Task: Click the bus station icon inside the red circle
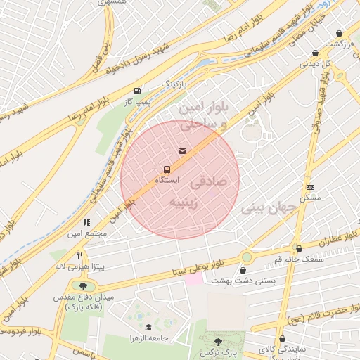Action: click(167, 169)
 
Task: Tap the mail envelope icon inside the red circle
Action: click(183, 150)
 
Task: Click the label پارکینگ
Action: click(176, 84)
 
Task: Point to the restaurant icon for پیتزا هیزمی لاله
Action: click(80, 257)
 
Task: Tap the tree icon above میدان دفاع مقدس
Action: click(84, 287)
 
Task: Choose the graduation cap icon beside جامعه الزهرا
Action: click(148, 328)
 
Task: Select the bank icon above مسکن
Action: click(310, 187)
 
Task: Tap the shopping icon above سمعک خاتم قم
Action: click(300, 248)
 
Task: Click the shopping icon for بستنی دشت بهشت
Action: click(243, 270)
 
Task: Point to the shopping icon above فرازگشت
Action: click(339, 33)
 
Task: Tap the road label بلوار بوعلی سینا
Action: click(196, 267)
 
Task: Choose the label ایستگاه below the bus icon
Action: click(167, 181)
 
